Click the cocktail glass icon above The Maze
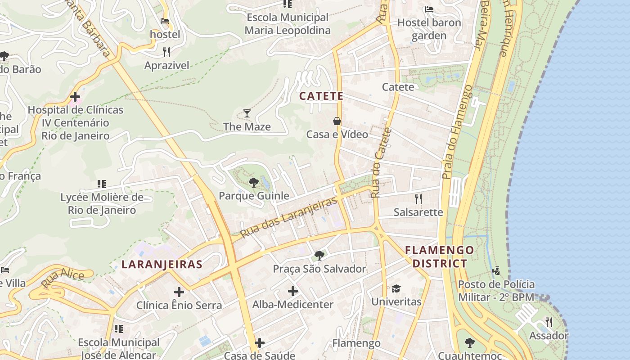pyautogui.click(x=247, y=113)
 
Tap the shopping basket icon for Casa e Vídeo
pyautogui.click(x=337, y=121)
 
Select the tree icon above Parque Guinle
pyautogui.click(x=253, y=182)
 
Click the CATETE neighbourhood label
pyautogui.click(x=321, y=96)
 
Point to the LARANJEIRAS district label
pyautogui.click(x=162, y=264)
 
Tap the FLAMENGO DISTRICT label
pyautogui.click(x=440, y=257)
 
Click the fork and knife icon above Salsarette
pyautogui.click(x=418, y=198)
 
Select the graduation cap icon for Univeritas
pyautogui.click(x=396, y=288)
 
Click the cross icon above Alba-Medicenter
pyautogui.click(x=293, y=291)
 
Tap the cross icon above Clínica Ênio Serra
pyautogui.click(x=179, y=292)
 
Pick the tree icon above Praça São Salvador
pyautogui.click(x=319, y=256)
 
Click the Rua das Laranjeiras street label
pyautogui.click(x=288, y=218)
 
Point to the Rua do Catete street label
pyautogui.click(x=382, y=163)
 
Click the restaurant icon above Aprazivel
pyautogui.click(x=166, y=52)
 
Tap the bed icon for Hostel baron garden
pyautogui.click(x=429, y=9)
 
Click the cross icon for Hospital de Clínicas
pyautogui.click(x=75, y=97)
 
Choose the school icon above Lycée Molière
pyautogui.click(x=102, y=184)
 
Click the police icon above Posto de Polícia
pyautogui.click(x=496, y=270)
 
